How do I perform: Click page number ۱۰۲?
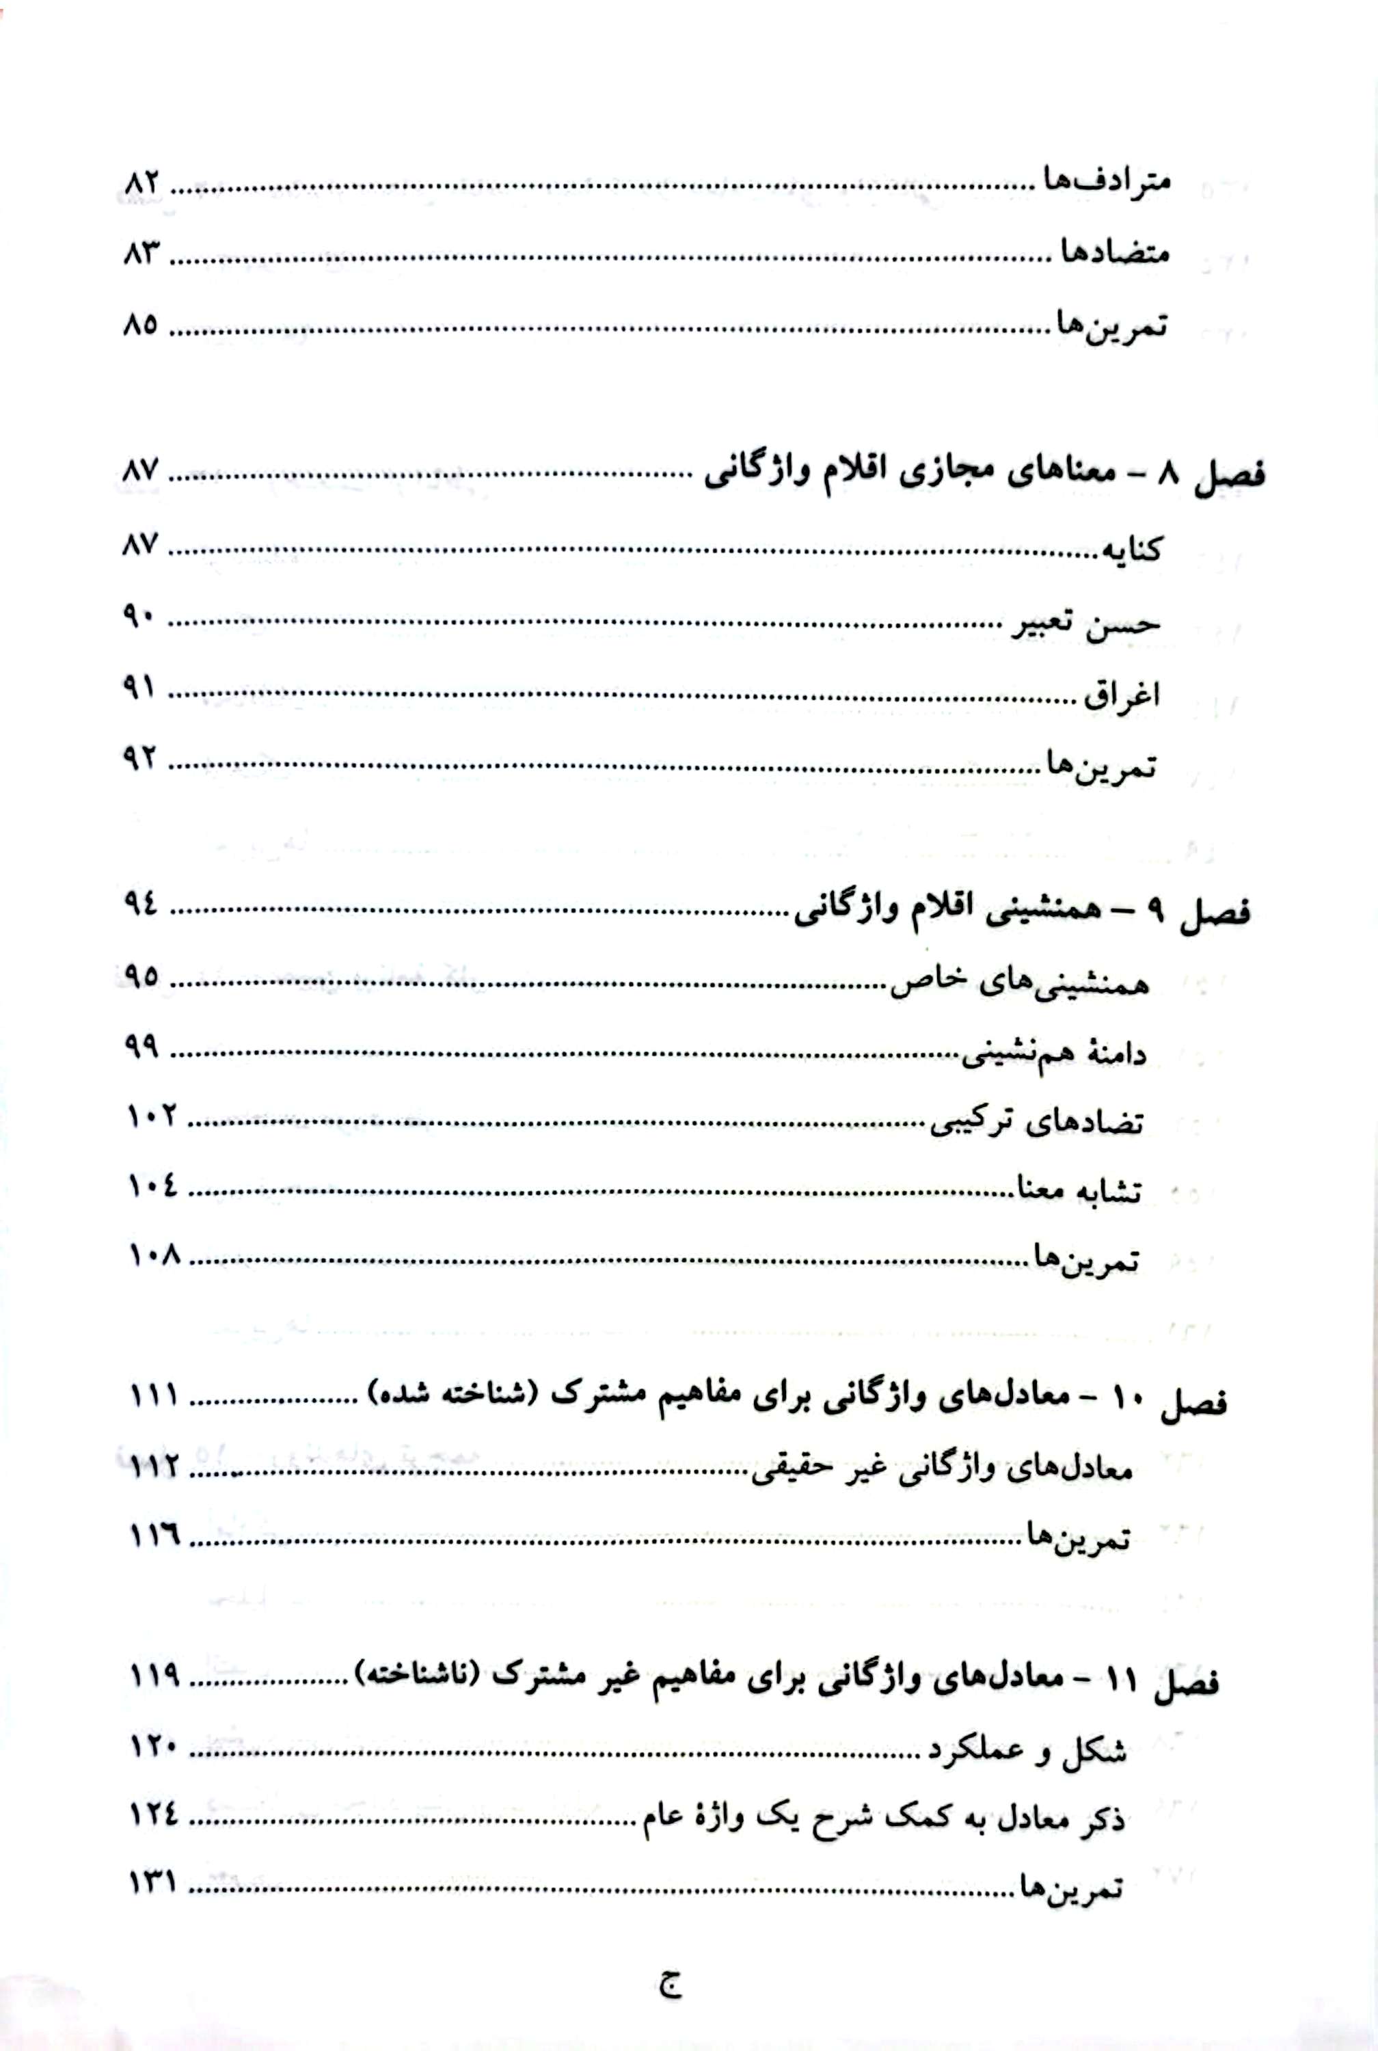[x=152, y=1117]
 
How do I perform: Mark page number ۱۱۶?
[x=154, y=1536]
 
